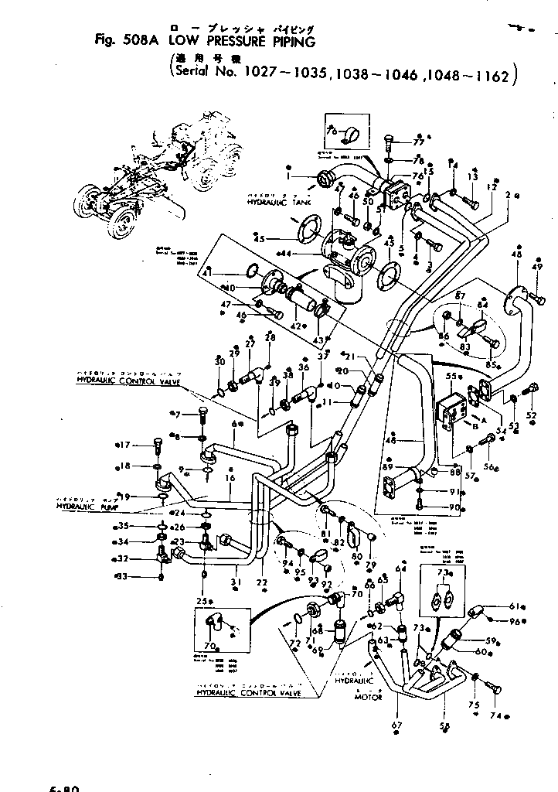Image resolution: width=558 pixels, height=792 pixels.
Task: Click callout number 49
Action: click(x=538, y=268)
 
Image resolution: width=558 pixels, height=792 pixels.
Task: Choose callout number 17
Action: click(x=124, y=445)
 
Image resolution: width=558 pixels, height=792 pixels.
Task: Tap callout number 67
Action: click(x=397, y=725)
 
